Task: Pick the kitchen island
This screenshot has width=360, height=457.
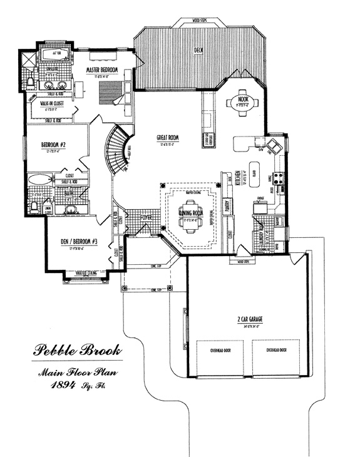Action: click(x=255, y=170)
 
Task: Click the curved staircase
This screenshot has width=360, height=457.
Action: click(x=116, y=150)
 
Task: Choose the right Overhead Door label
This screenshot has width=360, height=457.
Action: click(x=275, y=351)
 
